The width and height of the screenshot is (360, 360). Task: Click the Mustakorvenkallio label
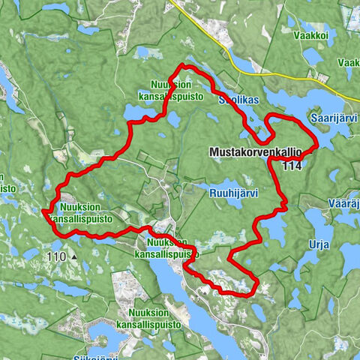click(256, 151)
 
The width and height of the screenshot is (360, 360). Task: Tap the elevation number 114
click(295, 166)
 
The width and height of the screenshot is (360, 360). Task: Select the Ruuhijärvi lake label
click(232, 192)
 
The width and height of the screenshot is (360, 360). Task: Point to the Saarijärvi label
click(332, 117)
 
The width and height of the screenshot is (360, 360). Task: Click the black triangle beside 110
click(74, 256)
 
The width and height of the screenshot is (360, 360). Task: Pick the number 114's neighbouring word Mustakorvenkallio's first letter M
click(211, 151)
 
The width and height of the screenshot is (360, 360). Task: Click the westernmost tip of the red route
click(43, 214)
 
